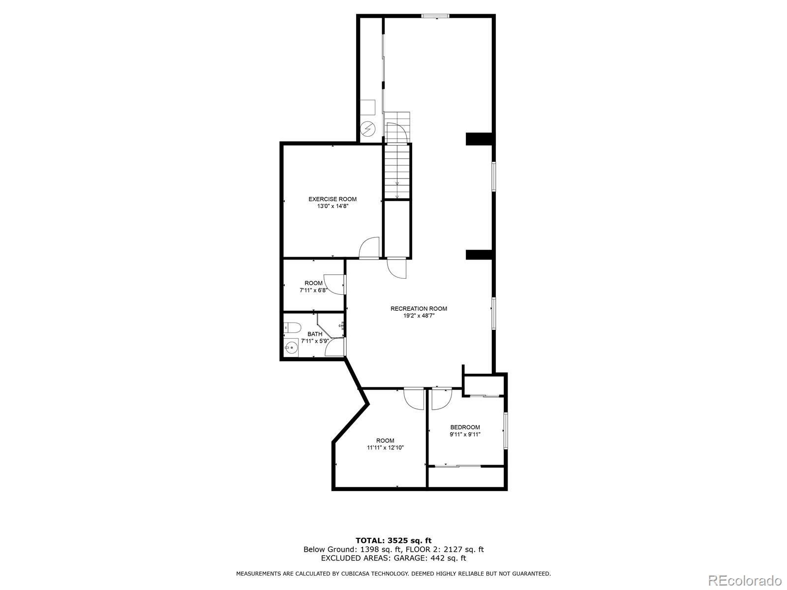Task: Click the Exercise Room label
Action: (x=333, y=199)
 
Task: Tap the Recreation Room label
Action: (x=419, y=309)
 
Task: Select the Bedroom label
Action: (x=465, y=427)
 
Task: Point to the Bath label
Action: (x=315, y=334)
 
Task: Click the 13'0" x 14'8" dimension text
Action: (x=333, y=206)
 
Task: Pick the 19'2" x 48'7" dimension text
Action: (x=419, y=316)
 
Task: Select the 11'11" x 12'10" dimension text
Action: (x=386, y=448)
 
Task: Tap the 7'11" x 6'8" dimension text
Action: (x=313, y=291)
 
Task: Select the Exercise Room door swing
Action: (x=369, y=247)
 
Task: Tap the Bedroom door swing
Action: (x=442, y=399)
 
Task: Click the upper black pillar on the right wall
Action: (x=478, y=139)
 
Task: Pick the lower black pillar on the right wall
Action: (x=478, y=255)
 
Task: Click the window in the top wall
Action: (x=435, y=16)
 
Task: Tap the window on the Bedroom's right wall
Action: (x=506, y=431)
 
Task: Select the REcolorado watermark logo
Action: (x=745, y=580)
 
